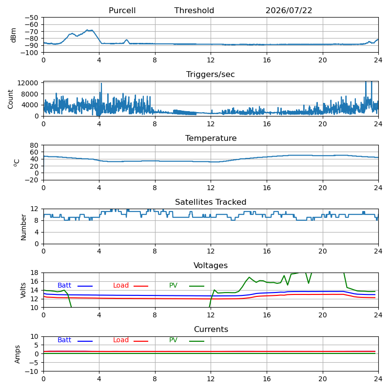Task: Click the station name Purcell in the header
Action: pos(122,10)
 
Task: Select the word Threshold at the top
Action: pos(194,10)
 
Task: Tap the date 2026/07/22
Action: pos(289,10)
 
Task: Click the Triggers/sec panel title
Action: pos(211,75)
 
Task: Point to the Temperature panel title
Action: pos(211,138)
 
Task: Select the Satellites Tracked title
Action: pos(211,202)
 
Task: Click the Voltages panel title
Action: pos(211,265)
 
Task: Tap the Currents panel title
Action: pos(211,330)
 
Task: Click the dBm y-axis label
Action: pos(13,35)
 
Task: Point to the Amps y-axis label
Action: pos(17,354)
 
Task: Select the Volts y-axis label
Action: pos(23,290)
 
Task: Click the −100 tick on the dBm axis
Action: pos(29,53)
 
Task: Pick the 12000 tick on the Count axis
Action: pos(28,83)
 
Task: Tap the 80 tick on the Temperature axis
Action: pos(34,145)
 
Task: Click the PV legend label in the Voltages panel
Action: pos(173,285)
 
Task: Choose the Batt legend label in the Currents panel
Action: pos(64,340)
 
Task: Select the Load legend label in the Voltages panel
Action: pos(121,285)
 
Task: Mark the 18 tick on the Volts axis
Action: pos(34,273)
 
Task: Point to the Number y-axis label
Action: pos(23,227)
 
